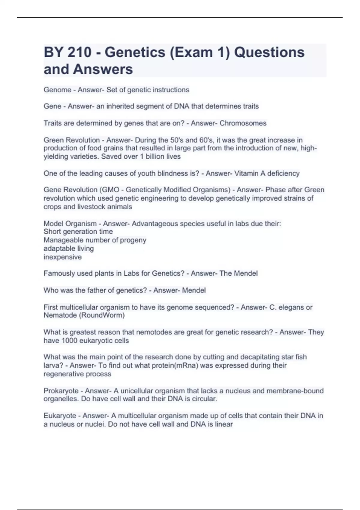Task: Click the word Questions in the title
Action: [x=269, y=52]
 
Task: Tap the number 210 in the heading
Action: [x=79, y=52]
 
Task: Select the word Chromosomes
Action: [x=243, y=123]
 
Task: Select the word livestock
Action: [x=87, y=207]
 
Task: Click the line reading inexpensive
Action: [x=63, y=257]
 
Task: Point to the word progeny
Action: [x=133, y=240]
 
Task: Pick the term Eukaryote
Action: [x=60, y=416]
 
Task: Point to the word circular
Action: [x=204, y=399]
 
